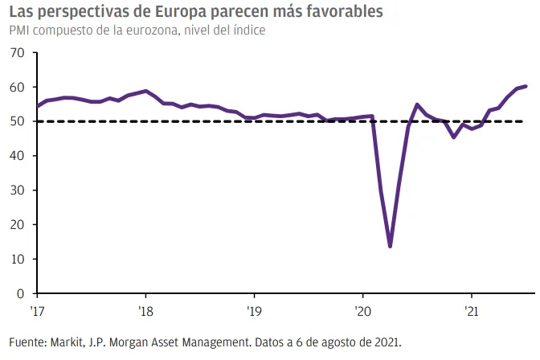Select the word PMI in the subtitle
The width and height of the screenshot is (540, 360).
(19, 31)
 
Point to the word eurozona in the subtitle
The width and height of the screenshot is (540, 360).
(152, 31)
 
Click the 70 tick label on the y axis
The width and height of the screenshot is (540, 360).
(17, 53)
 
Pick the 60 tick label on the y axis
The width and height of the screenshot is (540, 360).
(17, 87)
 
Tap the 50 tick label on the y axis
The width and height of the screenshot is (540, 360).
(17, 121)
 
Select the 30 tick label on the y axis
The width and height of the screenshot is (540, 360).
(17, 190)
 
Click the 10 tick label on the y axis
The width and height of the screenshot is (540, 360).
(17, 259)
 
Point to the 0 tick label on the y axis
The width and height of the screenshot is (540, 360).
(21, 293)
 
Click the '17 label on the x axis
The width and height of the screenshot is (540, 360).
(37, 312)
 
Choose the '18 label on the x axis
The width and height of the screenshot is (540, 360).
(145, 312)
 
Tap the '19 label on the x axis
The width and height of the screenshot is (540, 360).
(254, 312)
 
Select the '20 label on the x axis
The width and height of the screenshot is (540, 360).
(362, 312)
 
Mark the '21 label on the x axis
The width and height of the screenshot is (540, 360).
(472, 312)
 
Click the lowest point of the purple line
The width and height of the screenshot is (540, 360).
(390, 247)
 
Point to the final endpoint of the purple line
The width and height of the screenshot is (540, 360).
(526, 86)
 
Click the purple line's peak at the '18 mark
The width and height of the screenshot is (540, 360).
(145, 91)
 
